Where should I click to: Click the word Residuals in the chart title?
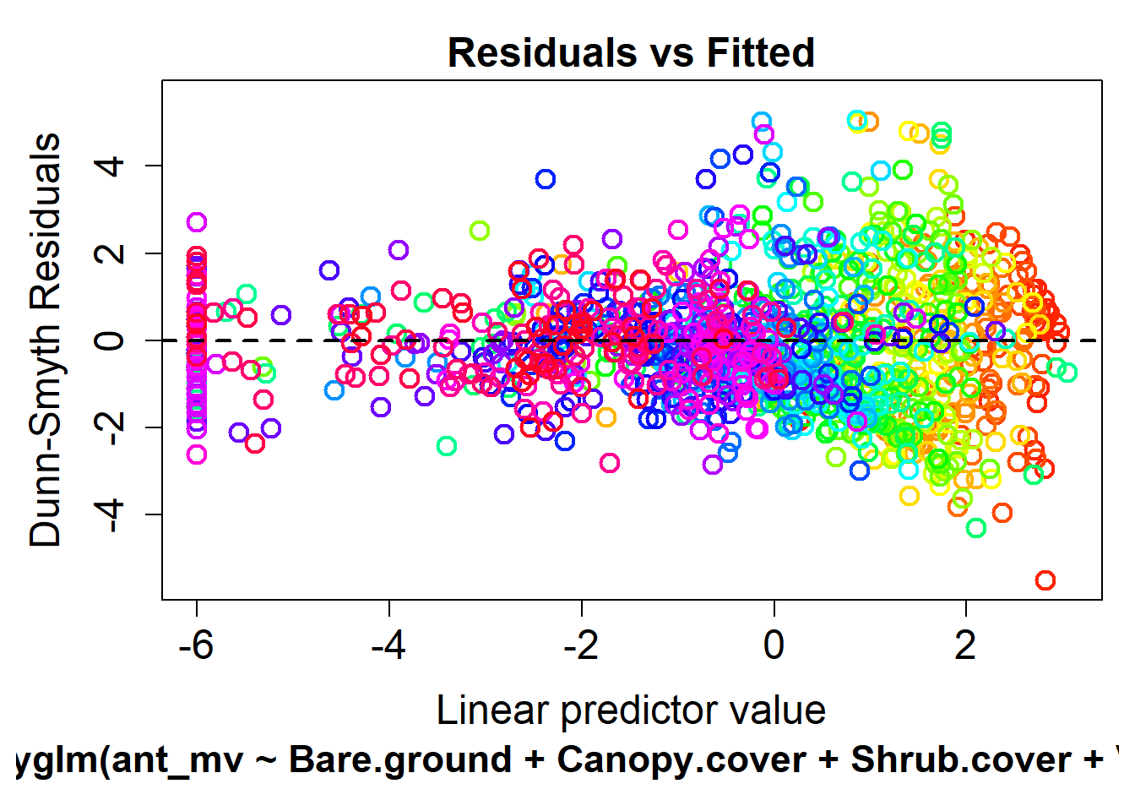point(542,52)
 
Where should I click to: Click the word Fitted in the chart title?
point(760,52)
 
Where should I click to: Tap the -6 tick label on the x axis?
point(196,646)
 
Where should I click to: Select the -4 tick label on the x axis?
point(388,646)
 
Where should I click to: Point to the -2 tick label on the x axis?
point(581,646)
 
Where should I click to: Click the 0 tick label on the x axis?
point(774,646)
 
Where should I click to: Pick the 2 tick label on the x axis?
point(965,646)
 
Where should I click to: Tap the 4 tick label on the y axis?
point(110,165)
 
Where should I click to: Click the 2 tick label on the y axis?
point(110,253)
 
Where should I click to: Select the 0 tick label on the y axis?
point(110,340)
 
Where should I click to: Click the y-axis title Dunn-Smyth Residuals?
point(46,340)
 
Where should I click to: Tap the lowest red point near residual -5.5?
point(1045,580)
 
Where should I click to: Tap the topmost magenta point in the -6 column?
point(197,222)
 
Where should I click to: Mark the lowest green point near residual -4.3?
point(976,528)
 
